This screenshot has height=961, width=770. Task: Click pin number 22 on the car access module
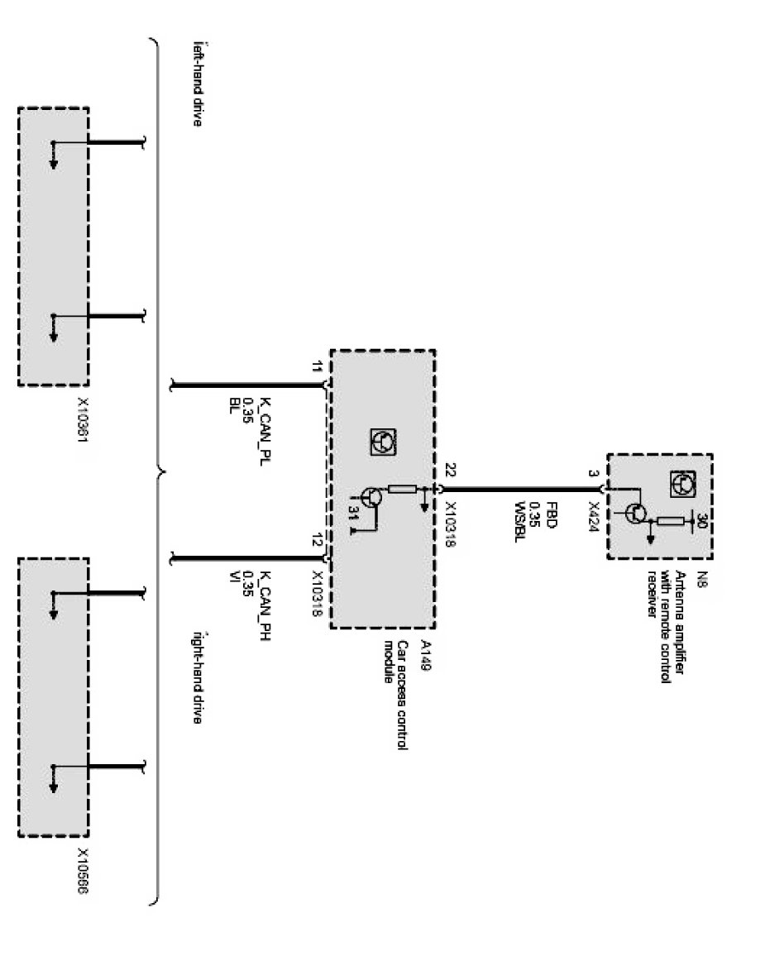coord(451,471)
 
